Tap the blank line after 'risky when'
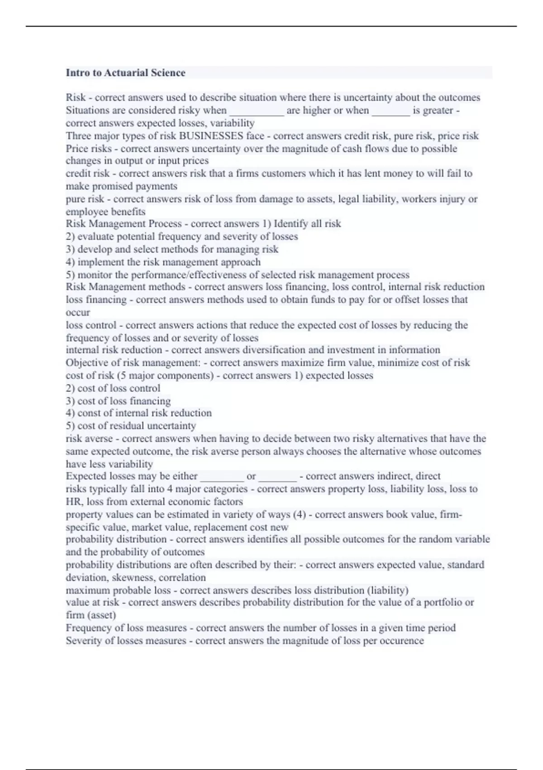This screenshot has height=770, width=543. pyautogui.click(x=257, y=111)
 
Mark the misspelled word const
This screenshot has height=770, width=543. pyautogui.click(x=89, y=413)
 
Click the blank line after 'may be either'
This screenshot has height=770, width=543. pyautogui.click(x=222, y=476)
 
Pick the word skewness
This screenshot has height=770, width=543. pyautogui.click(x=134, y=577)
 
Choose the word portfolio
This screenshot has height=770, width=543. pyautogui.click(x=441, y=602)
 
